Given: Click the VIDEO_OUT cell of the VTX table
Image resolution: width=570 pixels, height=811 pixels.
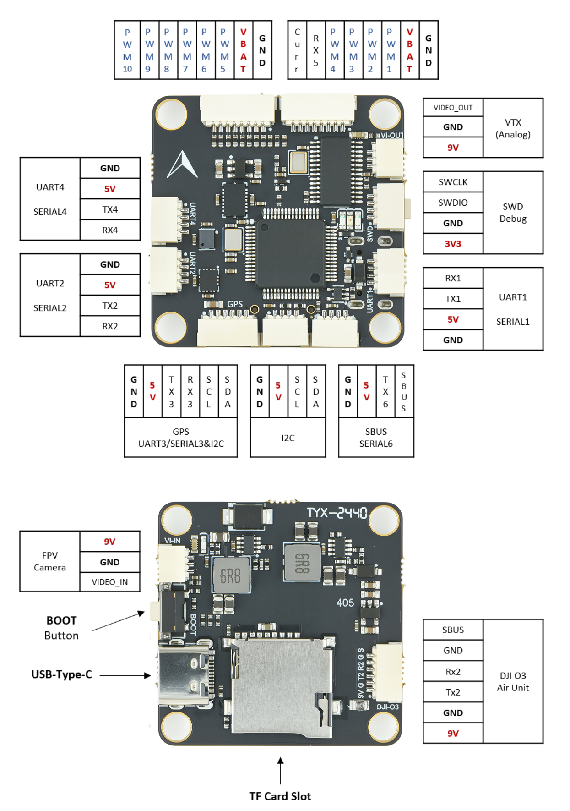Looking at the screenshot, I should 453,108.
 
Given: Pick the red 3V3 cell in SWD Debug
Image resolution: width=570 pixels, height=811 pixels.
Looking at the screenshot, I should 453,244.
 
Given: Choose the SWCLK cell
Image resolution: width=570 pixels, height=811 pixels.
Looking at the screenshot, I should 453,182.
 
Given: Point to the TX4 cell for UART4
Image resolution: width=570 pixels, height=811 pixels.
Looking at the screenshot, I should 110,209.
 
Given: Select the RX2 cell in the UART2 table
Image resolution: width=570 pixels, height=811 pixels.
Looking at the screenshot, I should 110,326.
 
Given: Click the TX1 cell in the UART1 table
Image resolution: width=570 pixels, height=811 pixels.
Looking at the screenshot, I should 453,299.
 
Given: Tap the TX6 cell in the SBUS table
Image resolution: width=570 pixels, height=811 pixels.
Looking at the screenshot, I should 385,392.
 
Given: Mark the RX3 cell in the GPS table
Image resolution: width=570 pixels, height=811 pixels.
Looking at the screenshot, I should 190,392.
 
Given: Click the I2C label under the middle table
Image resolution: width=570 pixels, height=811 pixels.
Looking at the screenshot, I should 288,438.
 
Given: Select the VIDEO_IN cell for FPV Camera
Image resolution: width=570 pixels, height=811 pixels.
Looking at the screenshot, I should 110,582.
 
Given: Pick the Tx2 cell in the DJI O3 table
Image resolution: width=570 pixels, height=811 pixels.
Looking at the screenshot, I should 453,692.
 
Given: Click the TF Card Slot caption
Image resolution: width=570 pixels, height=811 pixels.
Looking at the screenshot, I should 280,796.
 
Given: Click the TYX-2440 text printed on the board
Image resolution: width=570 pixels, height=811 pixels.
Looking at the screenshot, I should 337,513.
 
